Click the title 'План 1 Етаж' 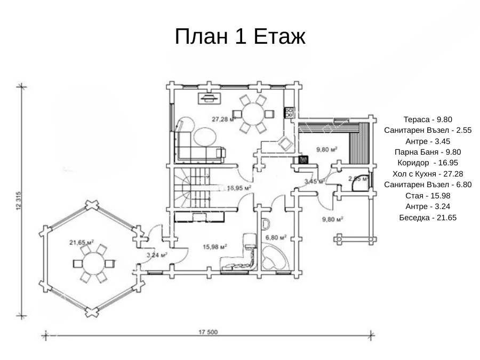coord(239,36)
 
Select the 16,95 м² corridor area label coord(239,188)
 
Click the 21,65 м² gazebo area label coord(82,243)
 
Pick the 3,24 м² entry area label coord(157,255)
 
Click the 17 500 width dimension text coord(208,332)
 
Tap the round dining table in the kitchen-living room coord(251,113)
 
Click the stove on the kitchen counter coord(288,112)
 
